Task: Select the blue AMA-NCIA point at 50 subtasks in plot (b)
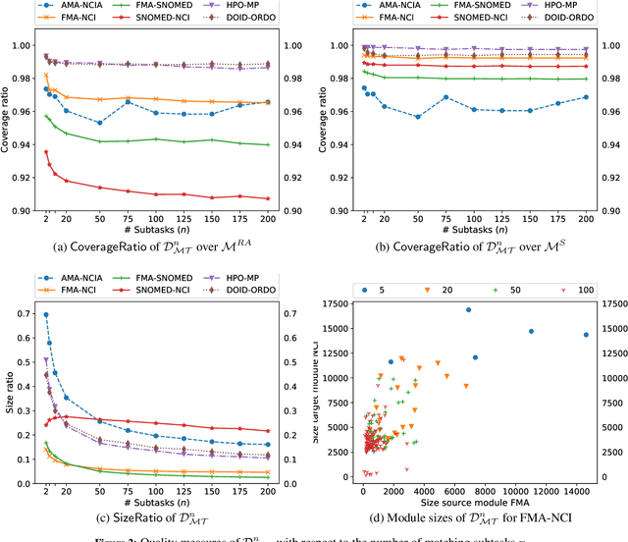point(417,117)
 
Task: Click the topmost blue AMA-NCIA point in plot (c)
point(45,314)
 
